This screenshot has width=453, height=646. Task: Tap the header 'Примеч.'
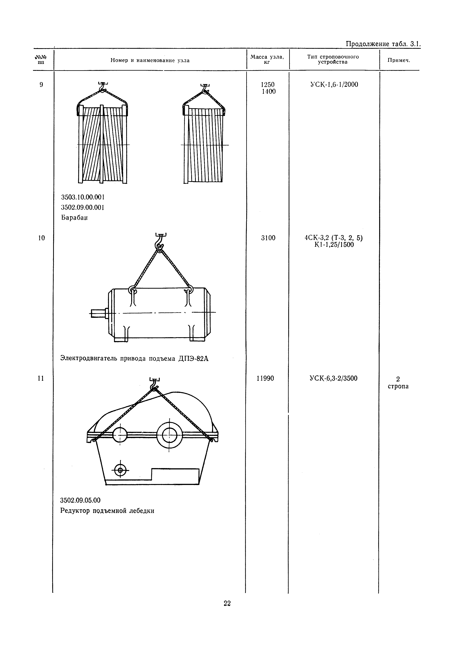399,60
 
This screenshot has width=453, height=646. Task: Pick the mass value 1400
269,91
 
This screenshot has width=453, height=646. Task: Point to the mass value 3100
268,238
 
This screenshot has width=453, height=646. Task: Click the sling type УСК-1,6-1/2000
334,85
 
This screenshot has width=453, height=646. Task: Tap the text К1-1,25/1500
334,245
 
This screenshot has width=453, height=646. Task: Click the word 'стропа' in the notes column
398,386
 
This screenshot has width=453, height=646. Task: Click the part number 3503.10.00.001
83,197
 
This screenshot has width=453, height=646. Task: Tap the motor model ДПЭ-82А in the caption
194,359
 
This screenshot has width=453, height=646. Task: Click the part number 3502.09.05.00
80,500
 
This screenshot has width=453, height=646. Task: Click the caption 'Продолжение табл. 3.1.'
383,44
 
